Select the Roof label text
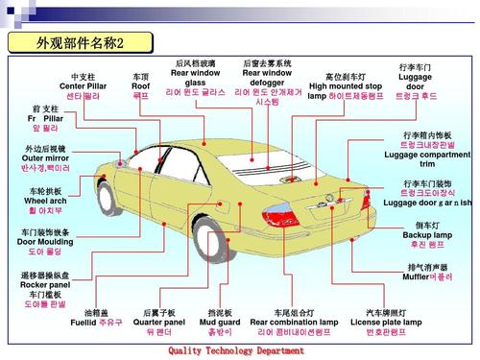(x=140, y=85)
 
